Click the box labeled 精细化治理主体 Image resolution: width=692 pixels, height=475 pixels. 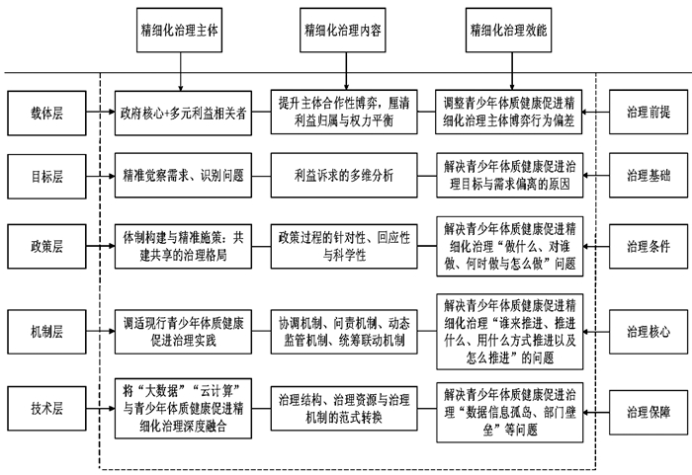click(179, 30)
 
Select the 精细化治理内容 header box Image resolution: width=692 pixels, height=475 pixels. click(342, 30)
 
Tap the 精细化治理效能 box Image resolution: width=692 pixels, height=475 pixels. click(508, 30)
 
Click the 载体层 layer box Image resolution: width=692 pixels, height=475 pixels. click(46, 113)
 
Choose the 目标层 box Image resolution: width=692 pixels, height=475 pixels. click(46, 177)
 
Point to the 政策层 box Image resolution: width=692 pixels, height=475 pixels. click(46, 246)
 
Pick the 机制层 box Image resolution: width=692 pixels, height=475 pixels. click(46, 332)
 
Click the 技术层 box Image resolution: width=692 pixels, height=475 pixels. click(46, 409)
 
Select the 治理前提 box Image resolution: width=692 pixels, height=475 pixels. click(649, 112)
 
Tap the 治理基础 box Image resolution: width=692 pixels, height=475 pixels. click(649, 175)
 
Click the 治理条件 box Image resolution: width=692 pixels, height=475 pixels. click(649, 246)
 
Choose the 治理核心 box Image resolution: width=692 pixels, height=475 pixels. click(649, 332)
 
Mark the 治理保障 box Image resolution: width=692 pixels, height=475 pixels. click(649, 413)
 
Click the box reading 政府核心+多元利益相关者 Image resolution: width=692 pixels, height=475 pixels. click(183, 113)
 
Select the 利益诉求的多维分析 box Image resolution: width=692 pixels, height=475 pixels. click(344, 175)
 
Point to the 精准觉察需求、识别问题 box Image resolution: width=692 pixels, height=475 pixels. click(183, 175)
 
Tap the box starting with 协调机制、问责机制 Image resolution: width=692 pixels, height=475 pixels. click(344, 332)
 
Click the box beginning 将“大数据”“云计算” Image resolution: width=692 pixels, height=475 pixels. click(183, 409)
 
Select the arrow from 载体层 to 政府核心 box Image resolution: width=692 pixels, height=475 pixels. click(101, 112)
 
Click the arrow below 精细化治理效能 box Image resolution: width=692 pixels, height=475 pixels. click(512, 71)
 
